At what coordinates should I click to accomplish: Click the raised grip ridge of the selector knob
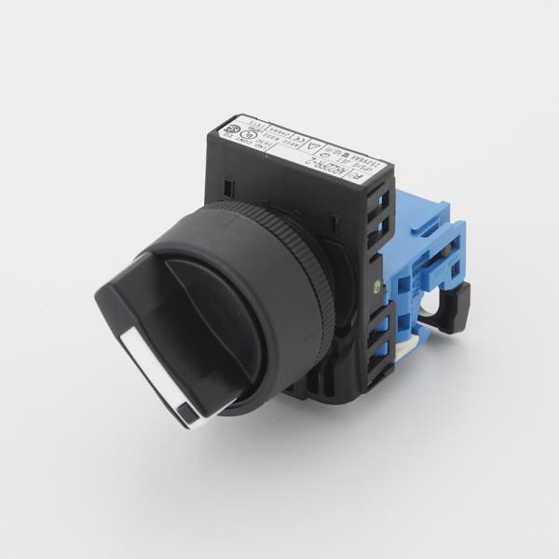pyautogui.click(x=200, y=307)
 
